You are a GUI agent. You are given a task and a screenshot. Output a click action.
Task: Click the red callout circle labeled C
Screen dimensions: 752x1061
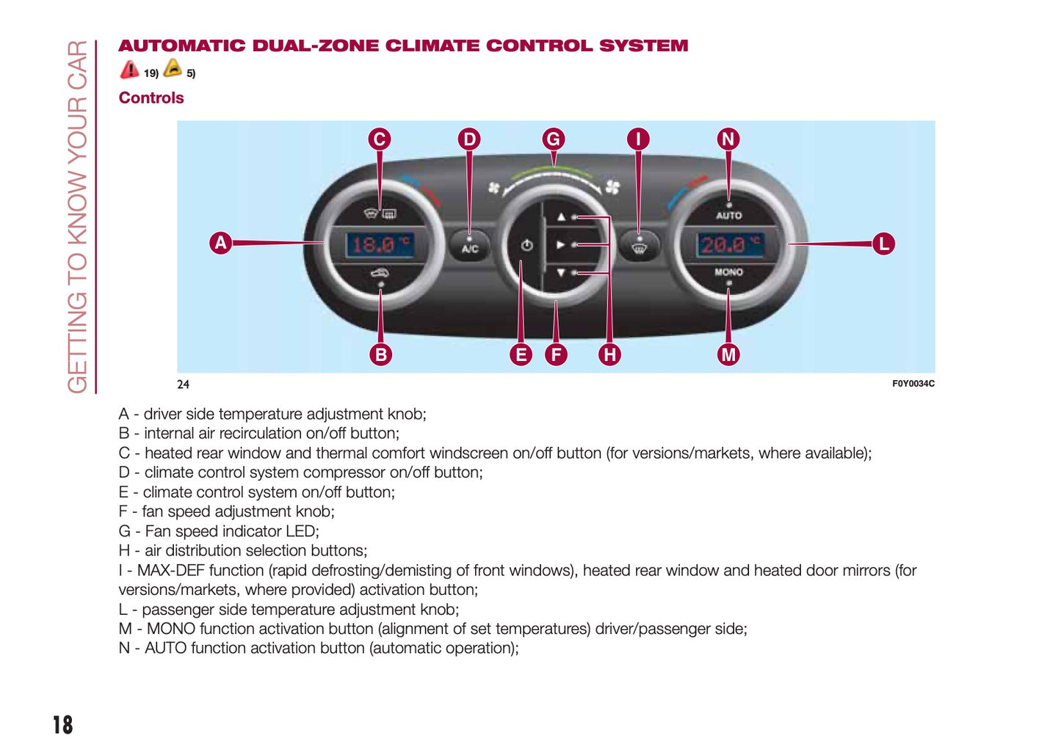coord(380,139)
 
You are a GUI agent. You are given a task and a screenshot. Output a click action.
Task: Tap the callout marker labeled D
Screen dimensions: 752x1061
coord(469,139)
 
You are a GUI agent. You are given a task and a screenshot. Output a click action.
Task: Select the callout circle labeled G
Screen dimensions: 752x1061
coord(554,139)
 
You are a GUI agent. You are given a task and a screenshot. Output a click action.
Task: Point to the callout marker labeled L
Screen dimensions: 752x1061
coord(883,244)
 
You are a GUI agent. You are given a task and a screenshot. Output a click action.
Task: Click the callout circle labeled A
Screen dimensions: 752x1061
coord(220,243)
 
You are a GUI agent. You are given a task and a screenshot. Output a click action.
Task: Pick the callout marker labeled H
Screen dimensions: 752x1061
coord(609,355)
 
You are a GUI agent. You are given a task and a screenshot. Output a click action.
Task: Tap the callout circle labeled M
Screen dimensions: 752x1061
coord(728,355)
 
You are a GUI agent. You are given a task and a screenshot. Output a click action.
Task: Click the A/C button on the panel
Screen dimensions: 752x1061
coord(470,247)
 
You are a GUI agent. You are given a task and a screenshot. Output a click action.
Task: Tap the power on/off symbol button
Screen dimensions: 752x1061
coord(526,245)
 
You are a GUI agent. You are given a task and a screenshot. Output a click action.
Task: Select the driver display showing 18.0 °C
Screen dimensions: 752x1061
coord(380,244)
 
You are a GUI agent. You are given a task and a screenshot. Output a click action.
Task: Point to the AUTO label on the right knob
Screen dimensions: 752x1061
coord(729,216)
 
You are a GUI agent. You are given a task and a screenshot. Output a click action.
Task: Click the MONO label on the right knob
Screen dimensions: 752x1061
coord(729,272)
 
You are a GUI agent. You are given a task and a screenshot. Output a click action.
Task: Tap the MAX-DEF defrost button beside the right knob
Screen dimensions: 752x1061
coord(640,247)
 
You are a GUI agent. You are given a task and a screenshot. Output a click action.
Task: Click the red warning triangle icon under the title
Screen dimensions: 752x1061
coord(129,70)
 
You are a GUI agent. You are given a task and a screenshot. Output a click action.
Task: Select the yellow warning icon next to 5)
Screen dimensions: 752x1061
coord(173,68)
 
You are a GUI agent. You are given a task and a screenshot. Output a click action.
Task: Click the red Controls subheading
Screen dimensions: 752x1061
coord(151,98)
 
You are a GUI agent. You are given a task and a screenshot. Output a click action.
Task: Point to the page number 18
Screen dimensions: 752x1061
coord(63,725)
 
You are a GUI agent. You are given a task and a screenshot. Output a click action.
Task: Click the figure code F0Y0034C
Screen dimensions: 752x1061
coord(913,384)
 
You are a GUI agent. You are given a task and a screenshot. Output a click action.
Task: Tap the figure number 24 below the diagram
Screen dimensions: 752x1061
coord(183,384)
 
